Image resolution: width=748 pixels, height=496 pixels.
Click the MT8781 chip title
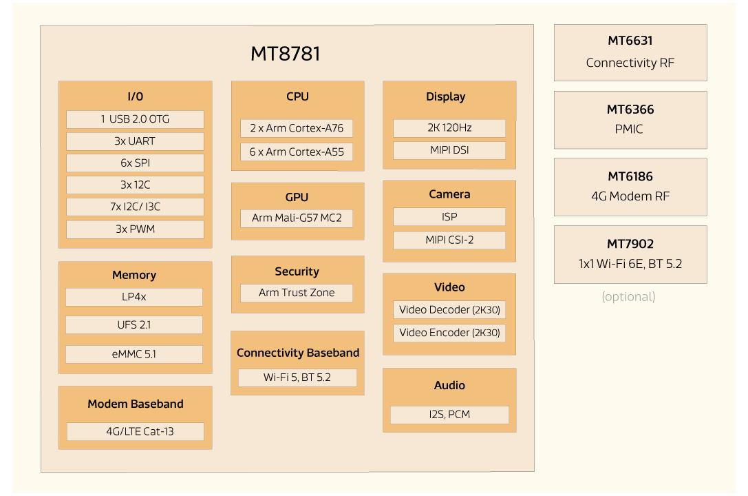(286, 54)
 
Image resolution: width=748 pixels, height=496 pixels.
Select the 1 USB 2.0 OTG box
(135, 119)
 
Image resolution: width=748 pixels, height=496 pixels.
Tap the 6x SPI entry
(135, 163)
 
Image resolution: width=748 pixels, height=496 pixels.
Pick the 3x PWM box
(135, 229)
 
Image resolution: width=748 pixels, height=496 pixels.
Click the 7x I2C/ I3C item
(135, 207)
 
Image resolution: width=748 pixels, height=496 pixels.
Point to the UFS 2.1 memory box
(134, 324)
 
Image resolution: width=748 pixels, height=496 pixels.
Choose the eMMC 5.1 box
(134, 354)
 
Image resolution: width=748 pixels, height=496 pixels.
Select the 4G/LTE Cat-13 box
(135, 432)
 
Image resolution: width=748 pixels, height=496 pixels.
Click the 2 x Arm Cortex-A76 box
(297, 128)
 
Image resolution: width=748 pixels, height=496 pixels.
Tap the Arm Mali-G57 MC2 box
(297, 218)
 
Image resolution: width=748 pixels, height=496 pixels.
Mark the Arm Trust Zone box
(297, 293)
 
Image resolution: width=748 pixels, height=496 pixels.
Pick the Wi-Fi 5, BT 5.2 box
(297, 378)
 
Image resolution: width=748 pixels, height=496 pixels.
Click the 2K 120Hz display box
(449, 128)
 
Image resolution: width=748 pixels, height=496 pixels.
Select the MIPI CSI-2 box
(449, 240)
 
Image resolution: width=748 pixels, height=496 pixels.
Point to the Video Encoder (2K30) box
(449, 333)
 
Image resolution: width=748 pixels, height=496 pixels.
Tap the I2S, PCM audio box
(449, 415)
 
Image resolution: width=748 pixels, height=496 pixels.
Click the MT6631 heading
(630, 41)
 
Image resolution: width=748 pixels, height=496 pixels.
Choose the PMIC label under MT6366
(629, 129)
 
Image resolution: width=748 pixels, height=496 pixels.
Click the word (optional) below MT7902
(628, 297)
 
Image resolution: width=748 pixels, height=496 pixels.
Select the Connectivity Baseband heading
(298, 353)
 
